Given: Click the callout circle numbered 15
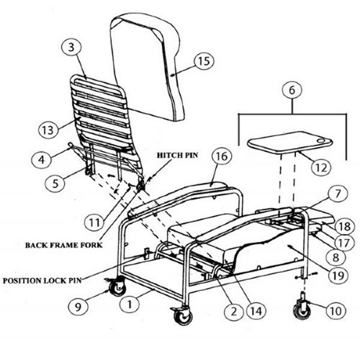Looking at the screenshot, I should (204, 63).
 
